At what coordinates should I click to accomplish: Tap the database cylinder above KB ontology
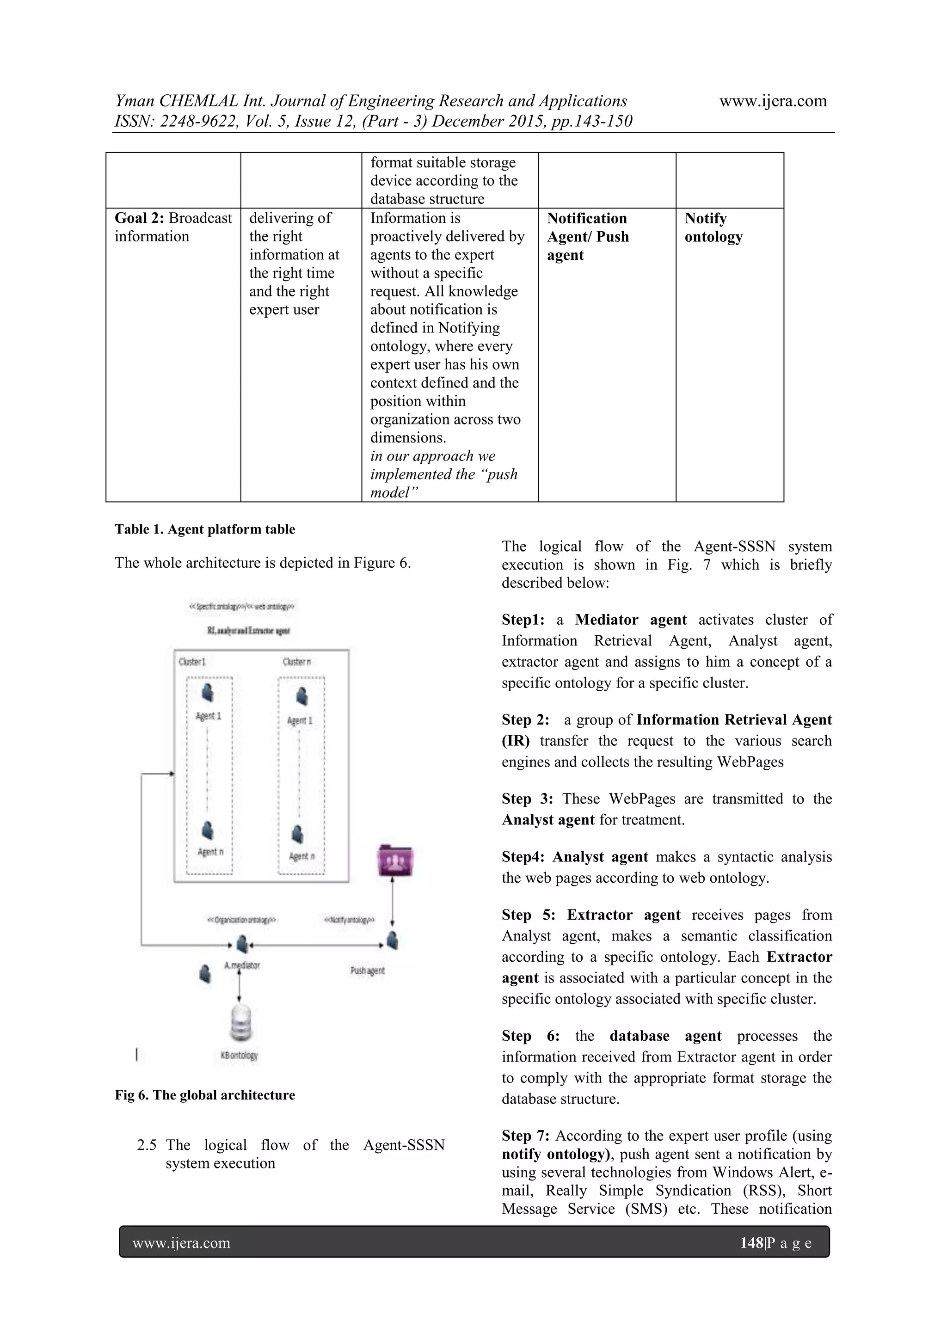240,1023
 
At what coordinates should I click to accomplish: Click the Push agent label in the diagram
367,970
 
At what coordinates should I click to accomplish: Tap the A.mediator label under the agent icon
242,965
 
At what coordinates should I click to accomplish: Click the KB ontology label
239,1055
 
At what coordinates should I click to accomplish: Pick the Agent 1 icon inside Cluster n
301,696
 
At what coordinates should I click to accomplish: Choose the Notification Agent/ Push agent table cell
588,236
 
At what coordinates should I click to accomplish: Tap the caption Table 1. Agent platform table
205,529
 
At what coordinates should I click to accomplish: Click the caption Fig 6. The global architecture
205,1095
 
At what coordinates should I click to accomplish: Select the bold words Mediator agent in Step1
631,620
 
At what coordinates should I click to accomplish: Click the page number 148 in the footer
751,1243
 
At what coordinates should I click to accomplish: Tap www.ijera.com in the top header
773,101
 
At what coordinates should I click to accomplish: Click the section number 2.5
147,1145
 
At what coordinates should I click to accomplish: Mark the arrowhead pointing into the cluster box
172,774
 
